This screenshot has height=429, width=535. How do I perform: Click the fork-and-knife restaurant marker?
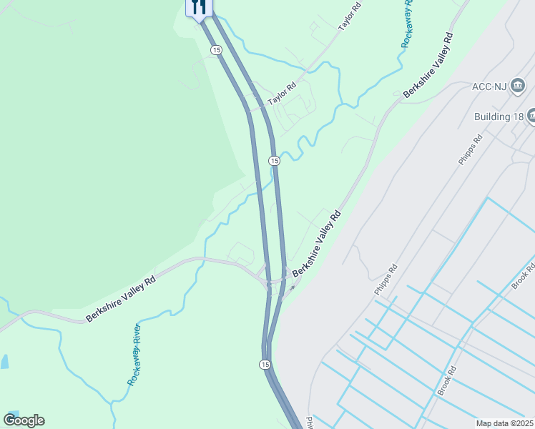(199, 8)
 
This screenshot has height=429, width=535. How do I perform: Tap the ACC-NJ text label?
(489, 87)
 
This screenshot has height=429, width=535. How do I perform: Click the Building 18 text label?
(499, 116)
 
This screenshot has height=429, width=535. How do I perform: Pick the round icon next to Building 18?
(531, 115)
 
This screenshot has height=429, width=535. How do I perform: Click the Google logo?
(24, 420)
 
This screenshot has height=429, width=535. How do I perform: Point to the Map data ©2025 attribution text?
(505, 423)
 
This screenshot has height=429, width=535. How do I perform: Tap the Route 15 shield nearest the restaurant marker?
(216, 49)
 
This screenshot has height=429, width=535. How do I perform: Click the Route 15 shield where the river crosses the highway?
(274, 161)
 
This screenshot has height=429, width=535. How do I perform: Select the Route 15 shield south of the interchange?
(265, 365)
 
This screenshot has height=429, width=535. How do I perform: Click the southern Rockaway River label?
(134, 355)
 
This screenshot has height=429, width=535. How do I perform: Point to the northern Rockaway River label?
(407, 25)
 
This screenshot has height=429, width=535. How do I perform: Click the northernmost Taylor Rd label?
(350, 16)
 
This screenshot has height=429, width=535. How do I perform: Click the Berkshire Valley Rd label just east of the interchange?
(316, 244)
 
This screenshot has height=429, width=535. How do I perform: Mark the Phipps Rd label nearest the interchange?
(385, 280)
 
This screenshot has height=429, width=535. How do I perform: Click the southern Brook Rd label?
(447, 381)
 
